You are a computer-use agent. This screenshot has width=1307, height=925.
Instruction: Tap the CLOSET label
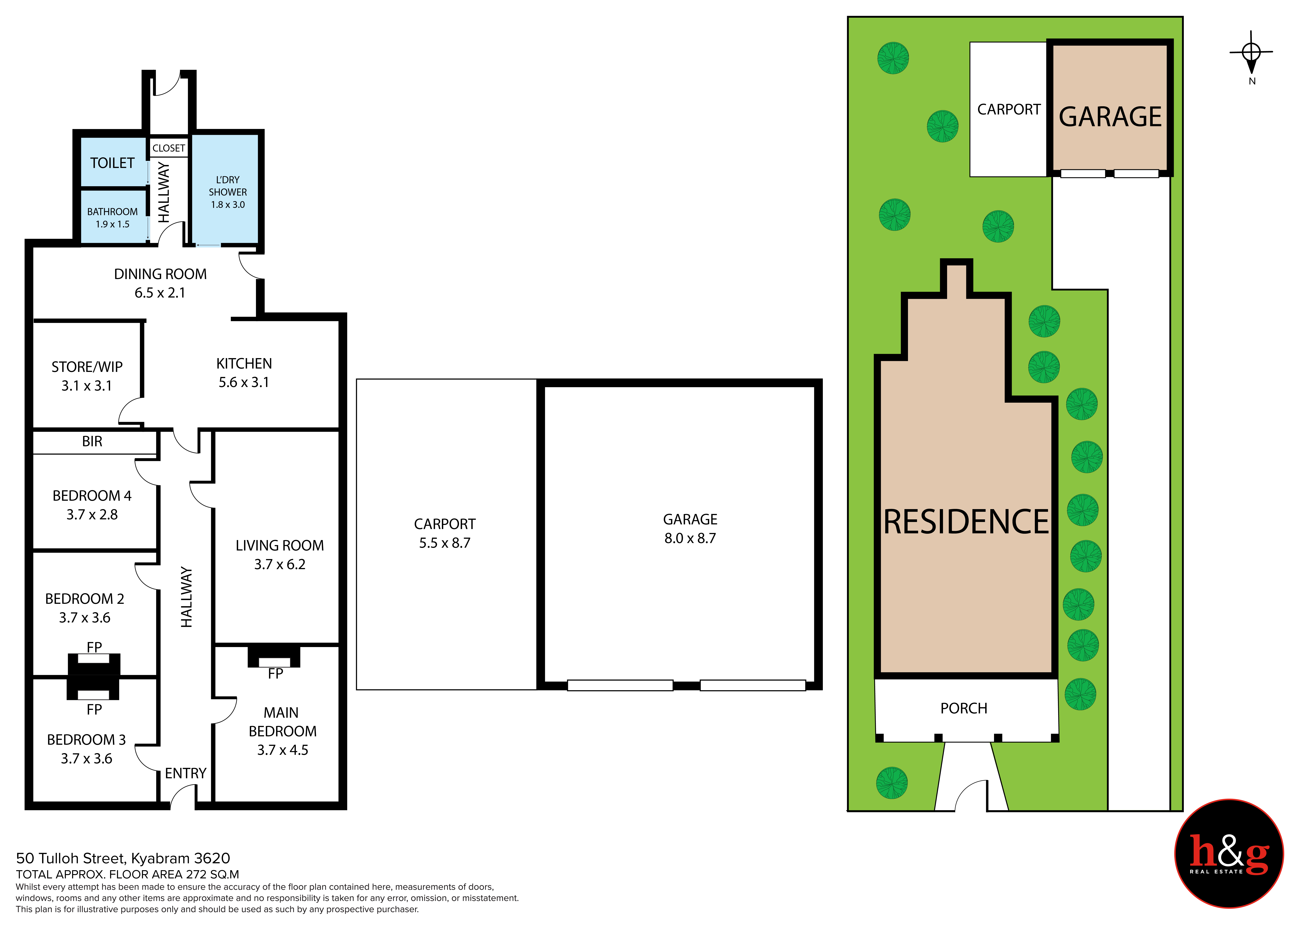tap(169, 148)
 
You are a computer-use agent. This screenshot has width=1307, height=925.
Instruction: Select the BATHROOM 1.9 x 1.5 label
tap(112, 218)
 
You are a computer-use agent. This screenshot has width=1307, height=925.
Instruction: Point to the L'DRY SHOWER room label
tap(228, 186)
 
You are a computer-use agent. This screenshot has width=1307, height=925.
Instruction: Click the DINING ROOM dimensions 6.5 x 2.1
tap(160, 293)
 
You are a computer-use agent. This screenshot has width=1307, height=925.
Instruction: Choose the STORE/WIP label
tap(87, 367)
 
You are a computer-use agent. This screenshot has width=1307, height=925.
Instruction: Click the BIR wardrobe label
tap(92, 441)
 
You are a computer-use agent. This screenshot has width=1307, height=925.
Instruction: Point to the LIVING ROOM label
tap(279, 546)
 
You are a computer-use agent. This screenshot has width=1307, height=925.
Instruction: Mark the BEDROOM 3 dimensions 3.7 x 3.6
tap(86, 759)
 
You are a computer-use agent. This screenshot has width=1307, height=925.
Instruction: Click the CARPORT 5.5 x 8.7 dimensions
tap(445, 543)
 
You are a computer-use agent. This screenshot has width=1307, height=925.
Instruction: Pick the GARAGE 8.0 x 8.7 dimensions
tap(690, 538)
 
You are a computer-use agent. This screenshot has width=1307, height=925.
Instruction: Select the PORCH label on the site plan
tap(964, 709)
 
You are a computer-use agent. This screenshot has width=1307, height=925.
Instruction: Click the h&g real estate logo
tap(1229, 854)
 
